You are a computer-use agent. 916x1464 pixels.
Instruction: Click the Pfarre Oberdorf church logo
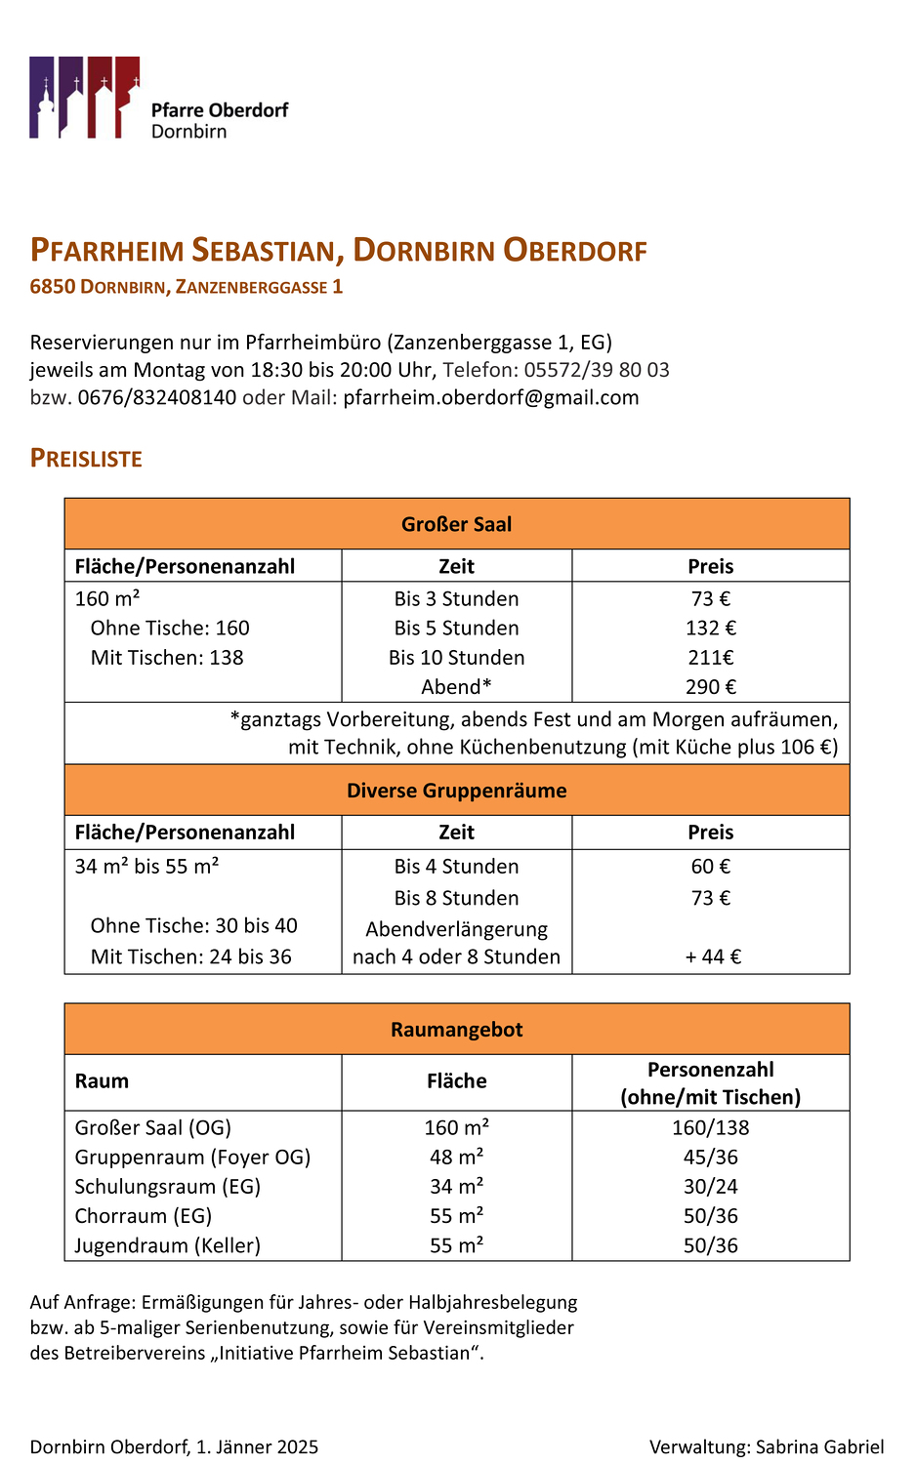pyautogui.click(x=85, y=98)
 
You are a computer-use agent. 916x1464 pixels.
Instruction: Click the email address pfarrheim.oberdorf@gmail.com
pyautogui.click(x=491, y=397)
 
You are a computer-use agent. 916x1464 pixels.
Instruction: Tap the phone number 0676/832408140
pyautogui.click(x=157, y=397)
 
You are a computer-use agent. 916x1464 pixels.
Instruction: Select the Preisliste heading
pyautogui.click(x=86, y=459)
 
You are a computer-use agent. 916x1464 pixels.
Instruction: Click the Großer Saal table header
pyautogui.click(x=456, y=524)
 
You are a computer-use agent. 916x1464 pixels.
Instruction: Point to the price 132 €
pyautogui.click(x=710, y=629)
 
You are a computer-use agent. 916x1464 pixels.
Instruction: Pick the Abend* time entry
pyautogui.click(x=456, y=687)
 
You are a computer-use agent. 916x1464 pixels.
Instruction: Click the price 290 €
pyautogui.click(x=710, y=687)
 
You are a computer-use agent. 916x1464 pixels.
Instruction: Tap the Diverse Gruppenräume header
pyautogui.click(x=456, y=791)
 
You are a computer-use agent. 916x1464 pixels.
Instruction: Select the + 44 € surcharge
pyautogui.click(x=712, y=956)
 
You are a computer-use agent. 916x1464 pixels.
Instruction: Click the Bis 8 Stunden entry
pyautogui.click(x=456, y=898)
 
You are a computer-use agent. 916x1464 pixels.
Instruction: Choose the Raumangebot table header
pyautogui.click(x=456, y=1030)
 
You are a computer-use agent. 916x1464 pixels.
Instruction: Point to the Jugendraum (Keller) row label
pyautogui.click(x=168, y=1245)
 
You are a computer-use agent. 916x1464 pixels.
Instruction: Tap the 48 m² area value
pyautogui.click(x=456, y=1158)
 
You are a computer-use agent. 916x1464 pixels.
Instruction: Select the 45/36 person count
pyautogui.click(x=710, y=1158)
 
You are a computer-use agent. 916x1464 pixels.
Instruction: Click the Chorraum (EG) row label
pyautogui.click(x=144, y=1216)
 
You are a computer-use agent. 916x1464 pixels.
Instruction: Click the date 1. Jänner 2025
pyautogui.click(x=257, y=1446)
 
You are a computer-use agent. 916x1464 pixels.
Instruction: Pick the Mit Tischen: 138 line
pyautogui.click(x=167, y=658)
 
